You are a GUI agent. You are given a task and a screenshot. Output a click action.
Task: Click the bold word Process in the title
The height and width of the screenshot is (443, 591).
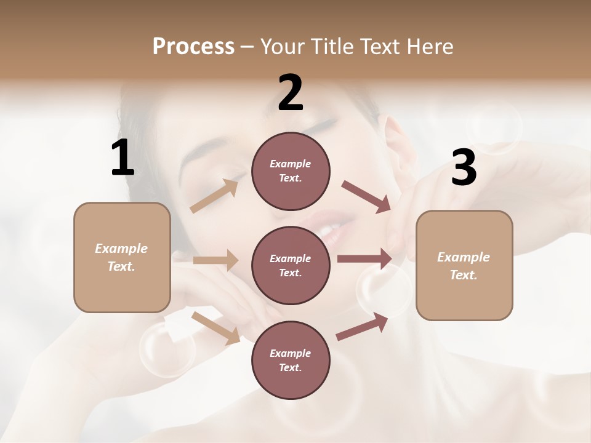[x=193, y=47]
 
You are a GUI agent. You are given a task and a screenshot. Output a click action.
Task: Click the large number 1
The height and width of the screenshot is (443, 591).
[x=123, y=159]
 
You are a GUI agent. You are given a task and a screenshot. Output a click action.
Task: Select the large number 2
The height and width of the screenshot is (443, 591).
[x=291, y=93]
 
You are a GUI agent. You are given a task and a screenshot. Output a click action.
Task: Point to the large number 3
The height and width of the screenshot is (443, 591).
[x=464, y=169]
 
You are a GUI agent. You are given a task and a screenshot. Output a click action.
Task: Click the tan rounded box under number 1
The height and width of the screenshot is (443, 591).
[x=122, y=257]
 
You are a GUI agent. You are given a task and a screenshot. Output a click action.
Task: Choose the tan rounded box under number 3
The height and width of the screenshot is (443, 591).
[x=464, y=266]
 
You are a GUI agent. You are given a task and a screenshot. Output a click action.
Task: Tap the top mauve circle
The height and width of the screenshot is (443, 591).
[x=291, y=171]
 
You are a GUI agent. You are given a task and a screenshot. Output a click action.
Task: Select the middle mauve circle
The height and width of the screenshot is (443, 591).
[x=291, y=265]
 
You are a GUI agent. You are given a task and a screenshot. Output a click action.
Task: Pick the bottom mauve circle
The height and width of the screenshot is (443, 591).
[x=291, y=360]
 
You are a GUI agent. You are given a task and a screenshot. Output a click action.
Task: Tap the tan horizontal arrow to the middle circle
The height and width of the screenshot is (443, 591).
[x=215, y=260]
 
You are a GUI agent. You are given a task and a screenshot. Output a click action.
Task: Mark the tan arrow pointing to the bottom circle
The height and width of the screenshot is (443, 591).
[x=216, y=327]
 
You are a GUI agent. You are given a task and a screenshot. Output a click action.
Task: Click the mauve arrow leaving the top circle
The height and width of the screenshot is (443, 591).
[x=367, y=197]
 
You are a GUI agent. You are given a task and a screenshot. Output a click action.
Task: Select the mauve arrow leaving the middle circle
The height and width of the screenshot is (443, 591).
[x=364, y=259]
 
